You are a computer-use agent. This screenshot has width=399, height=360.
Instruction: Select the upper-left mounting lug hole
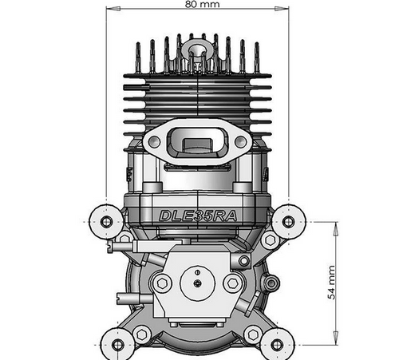[x=105, y=219]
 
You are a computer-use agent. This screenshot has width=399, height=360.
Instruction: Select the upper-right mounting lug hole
[x=287, y=220]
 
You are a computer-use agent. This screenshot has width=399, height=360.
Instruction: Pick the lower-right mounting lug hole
[x=275, y=344]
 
